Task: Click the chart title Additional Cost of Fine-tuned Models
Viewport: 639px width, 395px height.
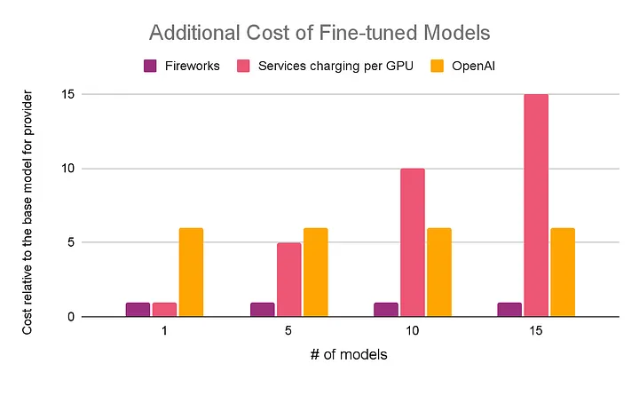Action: point(319,35)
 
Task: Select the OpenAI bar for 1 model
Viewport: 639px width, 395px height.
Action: point(191,273)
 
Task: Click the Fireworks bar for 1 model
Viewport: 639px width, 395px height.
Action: point(138,310)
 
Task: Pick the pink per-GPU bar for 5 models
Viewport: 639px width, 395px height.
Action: point(288,280)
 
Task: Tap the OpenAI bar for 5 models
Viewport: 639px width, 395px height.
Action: point(315,273)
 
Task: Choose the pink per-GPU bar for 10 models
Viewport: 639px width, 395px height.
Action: point(412,242)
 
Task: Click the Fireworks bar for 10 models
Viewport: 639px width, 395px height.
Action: point(385,310)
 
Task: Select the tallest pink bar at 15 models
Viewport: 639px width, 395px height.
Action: point(536,205)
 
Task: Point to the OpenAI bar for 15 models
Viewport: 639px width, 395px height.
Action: point(563,273)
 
